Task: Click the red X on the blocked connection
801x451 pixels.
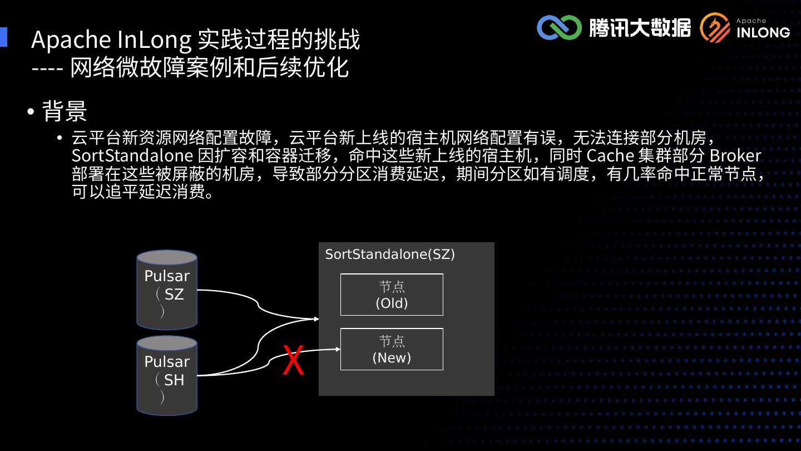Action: pos(293,360)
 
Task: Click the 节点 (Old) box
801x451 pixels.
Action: pos(392,295)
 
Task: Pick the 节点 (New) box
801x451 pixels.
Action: pos(392,349)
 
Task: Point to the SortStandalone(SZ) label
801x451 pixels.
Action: pos(390,254)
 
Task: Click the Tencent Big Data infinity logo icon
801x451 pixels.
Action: pos(558,28)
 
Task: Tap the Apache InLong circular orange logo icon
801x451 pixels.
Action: pos(715,28)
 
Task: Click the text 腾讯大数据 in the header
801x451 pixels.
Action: pos(640,28)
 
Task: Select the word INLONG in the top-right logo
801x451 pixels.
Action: pos(763,32)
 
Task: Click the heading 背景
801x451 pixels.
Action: pos(65,111)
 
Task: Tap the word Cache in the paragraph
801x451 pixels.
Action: pos(610,155)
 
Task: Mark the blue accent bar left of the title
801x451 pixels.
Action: pos(3,37)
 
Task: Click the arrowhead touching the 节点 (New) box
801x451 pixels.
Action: pos(338,349)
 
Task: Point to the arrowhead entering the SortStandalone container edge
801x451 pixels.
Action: pos(316,319)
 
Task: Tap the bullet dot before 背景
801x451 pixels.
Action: pos(31,111)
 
